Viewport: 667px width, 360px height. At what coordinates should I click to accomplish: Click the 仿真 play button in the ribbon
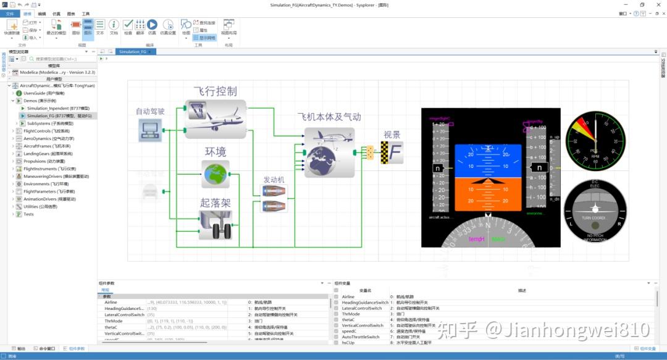[x=152, y=25]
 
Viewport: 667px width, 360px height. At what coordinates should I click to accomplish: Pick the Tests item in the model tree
[x=28, y=214]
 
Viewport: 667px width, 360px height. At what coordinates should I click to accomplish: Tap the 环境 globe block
[x=216, y=174]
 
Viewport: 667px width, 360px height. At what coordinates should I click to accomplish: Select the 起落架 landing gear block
[x=215, y=225]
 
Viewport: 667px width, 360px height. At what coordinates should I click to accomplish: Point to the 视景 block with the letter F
[x=392, y=152]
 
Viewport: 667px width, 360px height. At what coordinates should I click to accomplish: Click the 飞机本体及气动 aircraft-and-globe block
[x=330, y=152]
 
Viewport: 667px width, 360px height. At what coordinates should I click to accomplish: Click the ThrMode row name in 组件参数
[x=114, y=321]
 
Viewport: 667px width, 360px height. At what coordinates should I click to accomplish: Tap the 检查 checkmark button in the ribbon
[x=128, y=25]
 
